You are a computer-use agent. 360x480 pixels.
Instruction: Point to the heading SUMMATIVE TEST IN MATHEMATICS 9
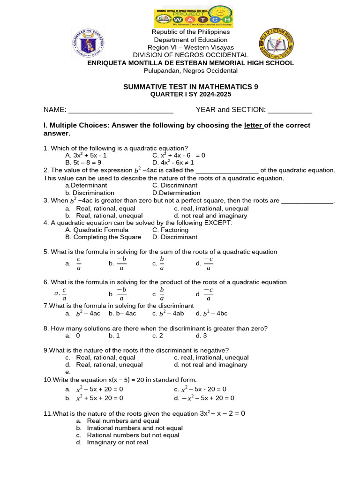(190, 87)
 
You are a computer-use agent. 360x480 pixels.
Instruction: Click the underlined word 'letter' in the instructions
(254, 126)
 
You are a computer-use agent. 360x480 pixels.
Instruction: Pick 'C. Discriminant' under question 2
(175, 186)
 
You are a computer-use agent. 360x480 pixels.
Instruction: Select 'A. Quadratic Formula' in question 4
(97, 230)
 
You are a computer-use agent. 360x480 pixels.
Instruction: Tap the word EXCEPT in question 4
(219, 223)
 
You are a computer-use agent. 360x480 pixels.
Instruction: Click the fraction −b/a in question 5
(121, 264)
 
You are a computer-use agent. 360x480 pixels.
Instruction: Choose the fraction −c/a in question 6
(209, 294)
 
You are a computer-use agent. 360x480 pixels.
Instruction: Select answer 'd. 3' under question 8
(201, 336)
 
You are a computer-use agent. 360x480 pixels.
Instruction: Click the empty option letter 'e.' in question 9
(68, 372)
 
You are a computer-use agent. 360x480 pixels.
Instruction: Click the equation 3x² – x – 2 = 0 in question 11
(222, 413)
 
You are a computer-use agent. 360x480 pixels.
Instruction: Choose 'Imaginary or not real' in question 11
(117, 442)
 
